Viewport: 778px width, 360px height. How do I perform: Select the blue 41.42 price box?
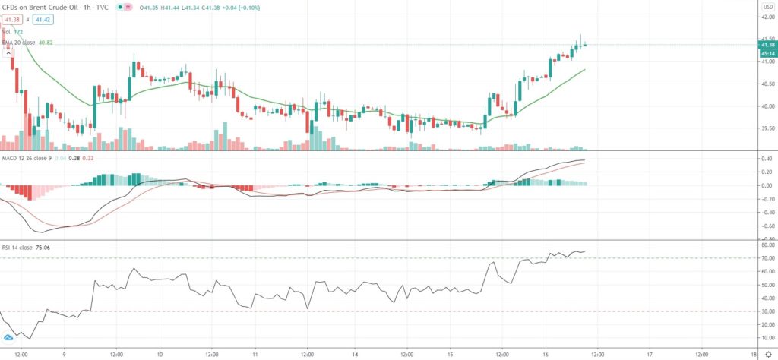pyautogui.click(x=41, y=19)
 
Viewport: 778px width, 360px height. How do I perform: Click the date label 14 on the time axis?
pyautogui.click(x=356, y=354)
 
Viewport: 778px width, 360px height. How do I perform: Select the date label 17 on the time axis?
pyautogui.click(x=650, y=354)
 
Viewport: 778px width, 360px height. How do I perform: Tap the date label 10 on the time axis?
pyautogui.click(x=160, y=354)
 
